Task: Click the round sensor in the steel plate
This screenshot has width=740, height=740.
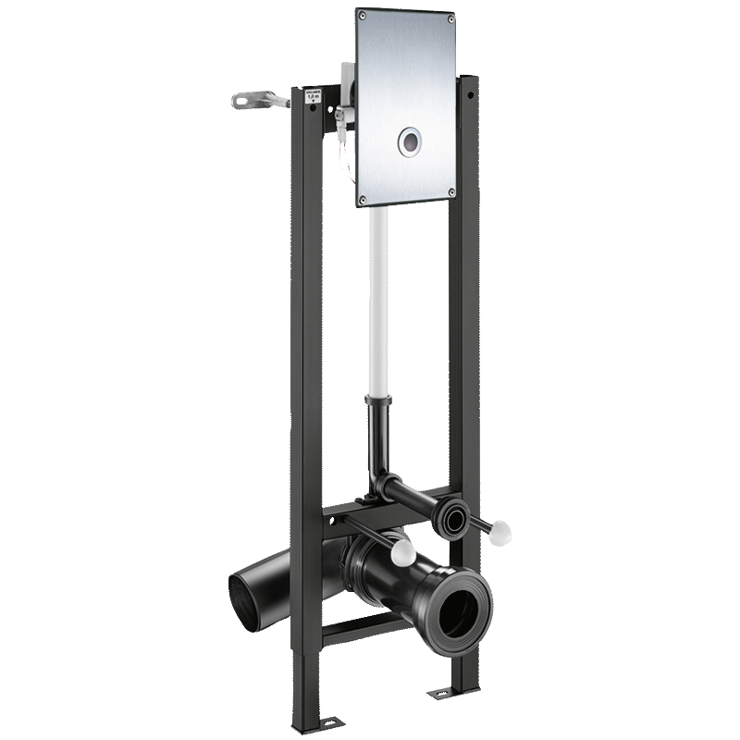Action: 410,141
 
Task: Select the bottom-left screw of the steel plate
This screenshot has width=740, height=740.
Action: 364,200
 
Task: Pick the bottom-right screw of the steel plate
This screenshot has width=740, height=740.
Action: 450,192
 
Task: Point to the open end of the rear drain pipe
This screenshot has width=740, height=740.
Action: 247,592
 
